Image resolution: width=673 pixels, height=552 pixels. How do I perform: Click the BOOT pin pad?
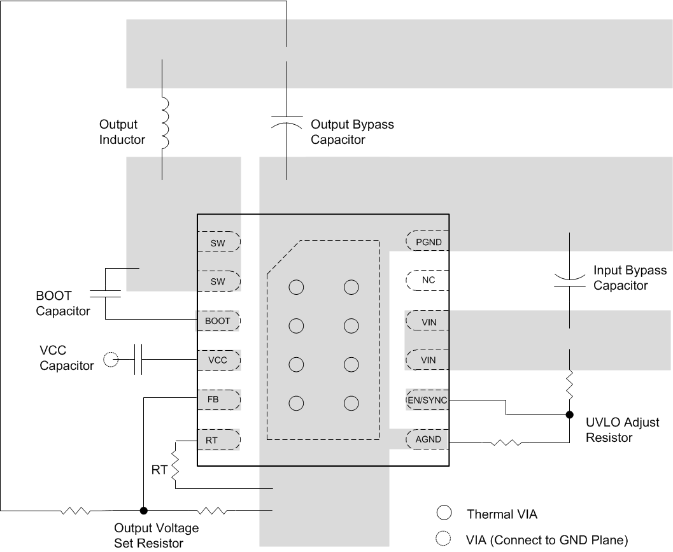coord(218,321)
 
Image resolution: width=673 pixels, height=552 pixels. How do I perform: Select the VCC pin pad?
coord(218,360)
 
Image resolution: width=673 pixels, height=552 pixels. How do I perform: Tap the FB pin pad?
coord(218,400)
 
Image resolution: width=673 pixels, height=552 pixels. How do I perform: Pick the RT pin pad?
coord(218,439)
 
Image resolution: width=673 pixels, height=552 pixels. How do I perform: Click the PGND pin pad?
coord(428,242)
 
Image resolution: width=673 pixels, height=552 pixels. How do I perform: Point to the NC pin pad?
coord(428,280)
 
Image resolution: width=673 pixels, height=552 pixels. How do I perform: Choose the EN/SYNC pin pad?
coord(428,400)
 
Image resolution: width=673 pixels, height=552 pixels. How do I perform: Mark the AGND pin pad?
coord(428,439)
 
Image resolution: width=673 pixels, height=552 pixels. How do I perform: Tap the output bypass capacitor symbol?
coord(287,123)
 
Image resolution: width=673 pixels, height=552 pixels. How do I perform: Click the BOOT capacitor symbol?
coord(105,294)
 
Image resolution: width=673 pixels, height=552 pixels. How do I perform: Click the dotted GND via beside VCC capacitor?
coord(111,360)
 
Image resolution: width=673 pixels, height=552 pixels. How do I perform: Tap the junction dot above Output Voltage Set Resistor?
coord(144,510)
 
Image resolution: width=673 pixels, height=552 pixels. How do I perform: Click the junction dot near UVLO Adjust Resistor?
coord(569,415)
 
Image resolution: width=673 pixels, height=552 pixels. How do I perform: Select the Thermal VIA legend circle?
coord(444,513)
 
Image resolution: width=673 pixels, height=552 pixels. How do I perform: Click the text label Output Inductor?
coord(122,132)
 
